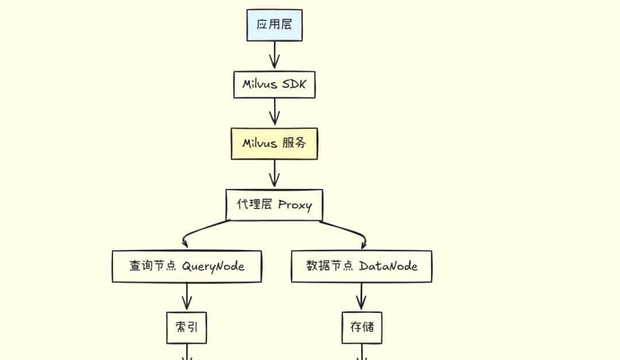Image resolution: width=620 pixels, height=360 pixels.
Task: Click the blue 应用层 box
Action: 274,25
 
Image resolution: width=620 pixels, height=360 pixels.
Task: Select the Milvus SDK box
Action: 274,85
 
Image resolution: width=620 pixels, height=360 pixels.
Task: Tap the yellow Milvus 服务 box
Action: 274,144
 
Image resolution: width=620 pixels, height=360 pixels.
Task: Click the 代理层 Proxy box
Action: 274,205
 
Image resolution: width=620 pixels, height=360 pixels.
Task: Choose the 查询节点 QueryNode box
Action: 187,266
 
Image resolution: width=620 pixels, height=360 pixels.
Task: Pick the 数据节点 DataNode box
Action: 362,266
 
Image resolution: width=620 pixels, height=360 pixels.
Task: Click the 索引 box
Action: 187,328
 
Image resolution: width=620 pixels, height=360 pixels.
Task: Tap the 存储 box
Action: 362,328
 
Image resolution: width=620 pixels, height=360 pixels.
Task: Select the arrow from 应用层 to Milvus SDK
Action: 274,56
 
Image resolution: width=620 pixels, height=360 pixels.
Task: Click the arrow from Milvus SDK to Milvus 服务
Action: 274,113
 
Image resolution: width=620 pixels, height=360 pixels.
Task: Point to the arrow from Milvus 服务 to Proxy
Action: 274,174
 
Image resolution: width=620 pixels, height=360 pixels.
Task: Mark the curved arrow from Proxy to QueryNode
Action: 198,230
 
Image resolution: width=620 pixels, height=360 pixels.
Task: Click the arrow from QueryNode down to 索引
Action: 187,297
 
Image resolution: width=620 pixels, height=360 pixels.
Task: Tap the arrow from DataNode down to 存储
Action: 362,297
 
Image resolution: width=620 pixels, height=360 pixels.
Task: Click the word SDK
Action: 294,85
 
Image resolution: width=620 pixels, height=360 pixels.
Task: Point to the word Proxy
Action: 294,205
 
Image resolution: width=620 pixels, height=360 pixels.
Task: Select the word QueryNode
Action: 213,266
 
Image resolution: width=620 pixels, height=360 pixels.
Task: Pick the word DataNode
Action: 388,266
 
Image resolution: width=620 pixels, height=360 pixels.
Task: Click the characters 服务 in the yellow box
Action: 294,144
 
